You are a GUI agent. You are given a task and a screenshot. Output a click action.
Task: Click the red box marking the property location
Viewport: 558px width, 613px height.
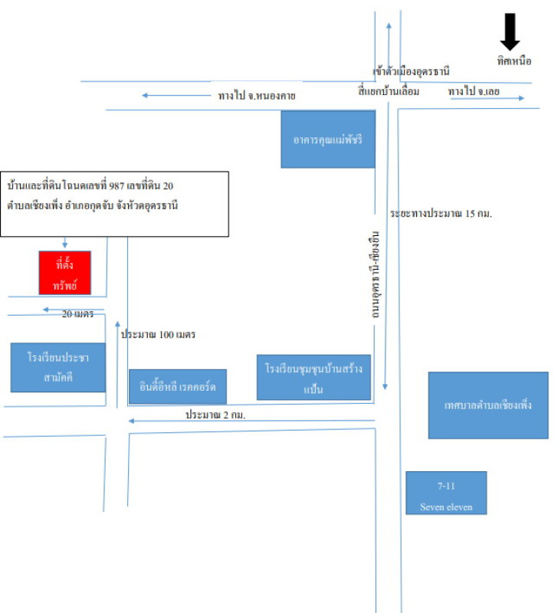(x=65, y=272)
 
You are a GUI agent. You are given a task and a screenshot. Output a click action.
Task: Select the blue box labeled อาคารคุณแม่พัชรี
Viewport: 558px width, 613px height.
(x=328, y=139)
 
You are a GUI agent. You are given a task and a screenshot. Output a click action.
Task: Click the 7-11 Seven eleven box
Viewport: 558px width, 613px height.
(x=445, y=492)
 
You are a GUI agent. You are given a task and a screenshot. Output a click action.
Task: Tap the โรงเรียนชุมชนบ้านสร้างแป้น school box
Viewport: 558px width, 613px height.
(x=313, y=376)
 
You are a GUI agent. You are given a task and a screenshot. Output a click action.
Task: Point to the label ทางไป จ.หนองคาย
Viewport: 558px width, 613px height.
(x=257, y=96)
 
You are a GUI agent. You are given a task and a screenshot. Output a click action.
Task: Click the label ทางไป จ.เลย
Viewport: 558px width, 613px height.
(x=474, y=92)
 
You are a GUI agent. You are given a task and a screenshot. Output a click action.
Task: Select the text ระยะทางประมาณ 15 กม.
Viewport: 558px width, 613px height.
(x=440, y=214)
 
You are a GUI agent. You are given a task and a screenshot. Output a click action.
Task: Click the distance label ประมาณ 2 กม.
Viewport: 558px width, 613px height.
(x=220, y=414)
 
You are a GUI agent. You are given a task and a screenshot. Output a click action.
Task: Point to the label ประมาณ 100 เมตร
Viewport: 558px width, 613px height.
(x=159, y=335)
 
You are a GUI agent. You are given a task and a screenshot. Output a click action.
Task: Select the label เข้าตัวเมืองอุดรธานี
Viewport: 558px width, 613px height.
(x=412, y=71)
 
